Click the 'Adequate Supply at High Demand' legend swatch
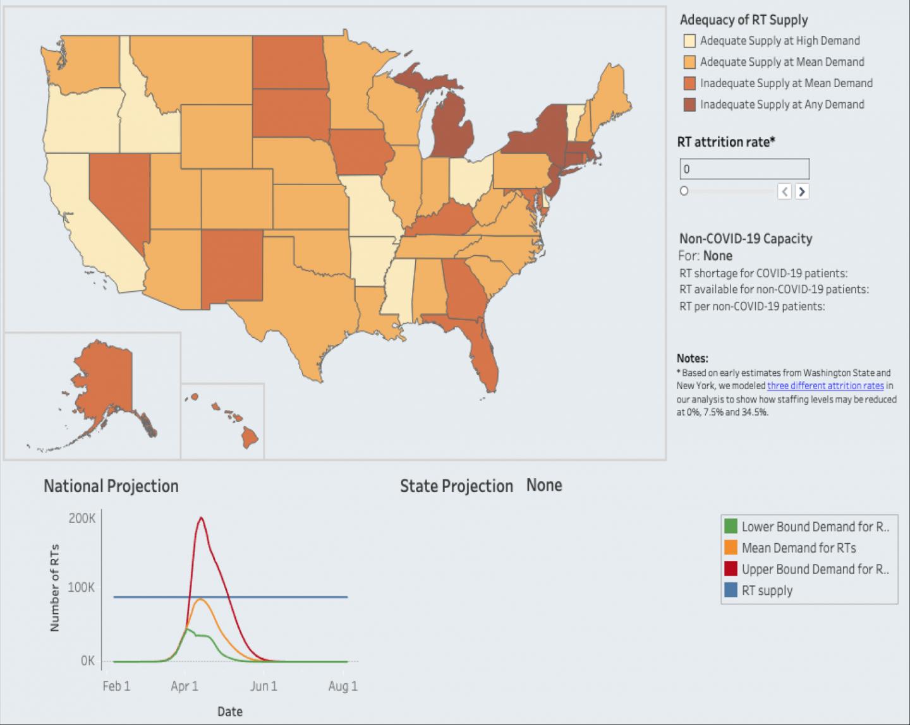click(x=689, y=41)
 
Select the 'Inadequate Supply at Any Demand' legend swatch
click(x=689, y=105)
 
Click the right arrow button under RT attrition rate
click(x=801, y=191)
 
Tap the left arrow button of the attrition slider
click(x=784, y=191)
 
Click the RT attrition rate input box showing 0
click(x=744, y=169)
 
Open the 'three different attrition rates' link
click(x=825, y=386)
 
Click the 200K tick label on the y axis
click(x=82, y=518)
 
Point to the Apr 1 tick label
click(x=185, y=686)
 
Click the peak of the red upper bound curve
click(x=201, y=518)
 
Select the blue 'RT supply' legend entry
click(x=767, y=591)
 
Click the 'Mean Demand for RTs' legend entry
click(x=798, y=548)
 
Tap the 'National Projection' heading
click(x=111, y=486)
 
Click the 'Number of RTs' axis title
click(x=54, y=587)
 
